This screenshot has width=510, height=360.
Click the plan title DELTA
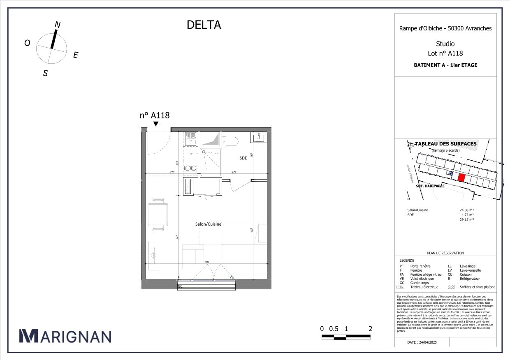(x=204, y=25)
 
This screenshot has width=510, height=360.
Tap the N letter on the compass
(x=58, y=25)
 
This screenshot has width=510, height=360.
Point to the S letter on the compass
(x=46, y=73)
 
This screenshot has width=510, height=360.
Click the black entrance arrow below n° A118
(x=155, y=124)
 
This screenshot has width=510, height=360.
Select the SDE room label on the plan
(x=243, y=158)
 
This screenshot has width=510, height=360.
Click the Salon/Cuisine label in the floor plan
(x=208, y=224)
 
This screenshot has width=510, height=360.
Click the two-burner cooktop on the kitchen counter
(x=190, y=168)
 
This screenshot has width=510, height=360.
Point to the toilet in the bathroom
(x=231, y=140)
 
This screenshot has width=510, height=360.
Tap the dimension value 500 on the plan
(x=206, y=262)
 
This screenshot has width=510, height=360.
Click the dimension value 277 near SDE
(x=234, y=172)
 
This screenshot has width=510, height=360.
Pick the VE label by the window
(x=232, y=277)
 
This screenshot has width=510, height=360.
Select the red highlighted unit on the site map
(x=461, y=178)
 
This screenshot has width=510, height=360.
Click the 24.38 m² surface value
(x=466, y=210)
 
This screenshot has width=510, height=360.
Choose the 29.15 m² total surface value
(x=466, y=220)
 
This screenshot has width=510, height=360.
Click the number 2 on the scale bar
(x=371, y=329)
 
